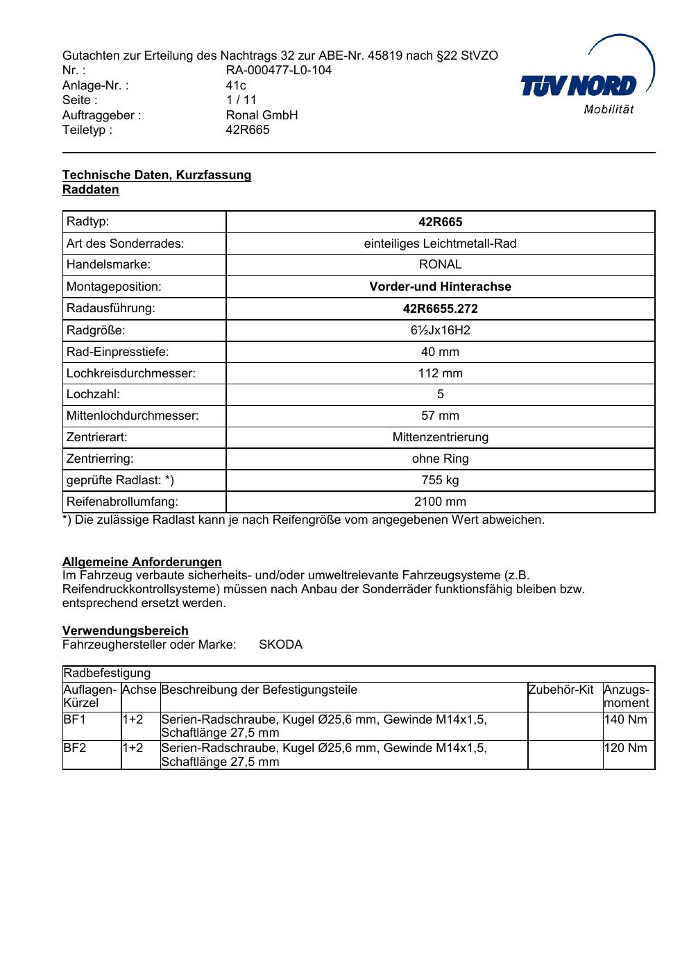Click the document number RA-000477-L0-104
(278, 70)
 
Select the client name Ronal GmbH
(262, 115)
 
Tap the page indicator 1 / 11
(241, 100)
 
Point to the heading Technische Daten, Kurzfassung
(157, 175)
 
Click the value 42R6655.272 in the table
(440, 308)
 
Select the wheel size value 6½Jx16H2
(440, 330)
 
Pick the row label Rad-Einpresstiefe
(117, 352)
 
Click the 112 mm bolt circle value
(440, 373)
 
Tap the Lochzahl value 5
(440, 395)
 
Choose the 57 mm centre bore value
(440, 416)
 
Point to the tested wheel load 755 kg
(440, 480)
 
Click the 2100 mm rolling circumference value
(440, 502)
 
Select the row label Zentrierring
(100, 459)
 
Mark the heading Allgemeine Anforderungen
(142, 562)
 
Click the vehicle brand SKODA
(280, 644)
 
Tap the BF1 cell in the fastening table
(75, 719)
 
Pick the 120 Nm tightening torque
(626, 748)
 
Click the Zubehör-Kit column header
(561, 690)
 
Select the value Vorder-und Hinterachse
(440, 287)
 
